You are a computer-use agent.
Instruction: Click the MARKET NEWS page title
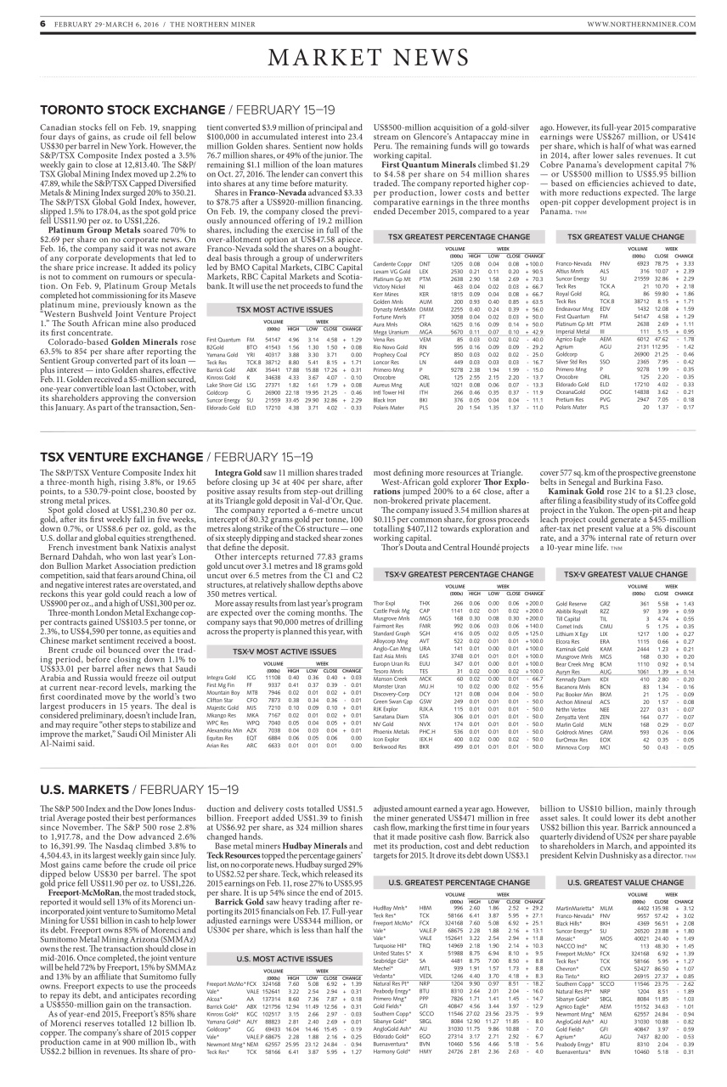pyautogui.click(x=363, y=58)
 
